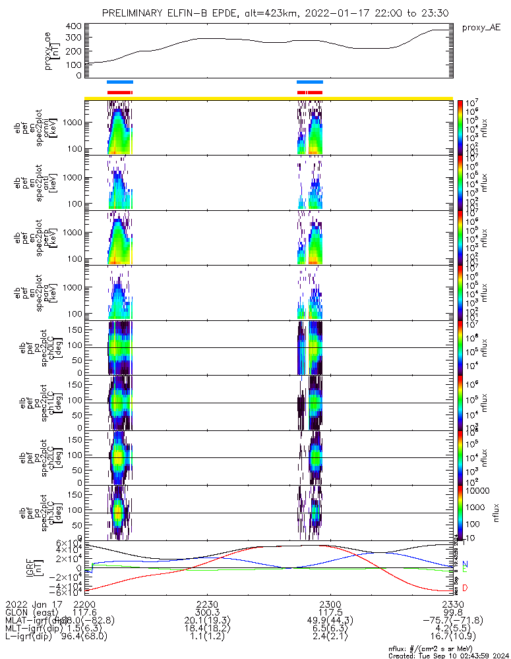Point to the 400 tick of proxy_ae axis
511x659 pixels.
73,26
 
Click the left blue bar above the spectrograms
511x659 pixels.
119,82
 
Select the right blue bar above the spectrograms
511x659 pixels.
309,82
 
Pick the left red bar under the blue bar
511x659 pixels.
119,92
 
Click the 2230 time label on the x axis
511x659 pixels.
207,604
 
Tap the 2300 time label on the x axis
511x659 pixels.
330,604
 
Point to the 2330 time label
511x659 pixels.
453,604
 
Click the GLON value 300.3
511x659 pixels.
207,612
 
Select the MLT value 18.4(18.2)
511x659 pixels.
207,629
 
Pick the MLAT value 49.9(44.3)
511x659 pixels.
330,621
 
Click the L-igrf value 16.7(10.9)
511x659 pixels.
453,638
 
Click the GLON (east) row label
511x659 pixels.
30,612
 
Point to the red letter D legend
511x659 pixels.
465,588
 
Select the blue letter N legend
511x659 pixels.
465,565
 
